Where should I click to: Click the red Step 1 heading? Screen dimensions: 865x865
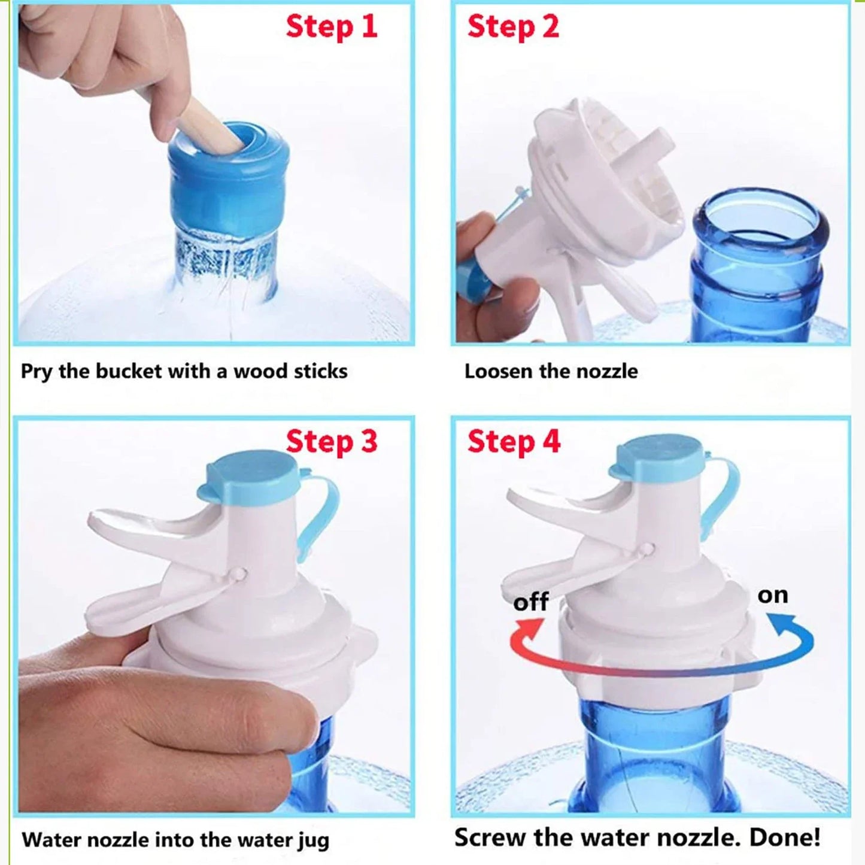(332, 27)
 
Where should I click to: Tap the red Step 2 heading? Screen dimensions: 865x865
(513, 27)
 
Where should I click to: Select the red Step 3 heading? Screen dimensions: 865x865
(332, 442)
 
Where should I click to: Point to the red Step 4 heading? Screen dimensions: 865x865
(514, 442)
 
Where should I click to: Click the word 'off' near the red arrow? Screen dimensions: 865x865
(530, 602)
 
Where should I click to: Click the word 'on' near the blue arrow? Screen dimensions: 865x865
(772, 595)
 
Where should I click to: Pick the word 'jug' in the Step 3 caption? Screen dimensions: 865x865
(313, 840)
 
